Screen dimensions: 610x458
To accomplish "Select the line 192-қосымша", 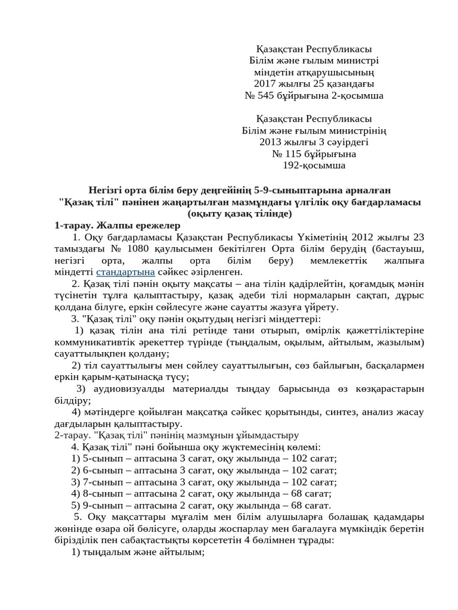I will (314, 165).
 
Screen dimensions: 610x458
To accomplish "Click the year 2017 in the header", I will (265, 83).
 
